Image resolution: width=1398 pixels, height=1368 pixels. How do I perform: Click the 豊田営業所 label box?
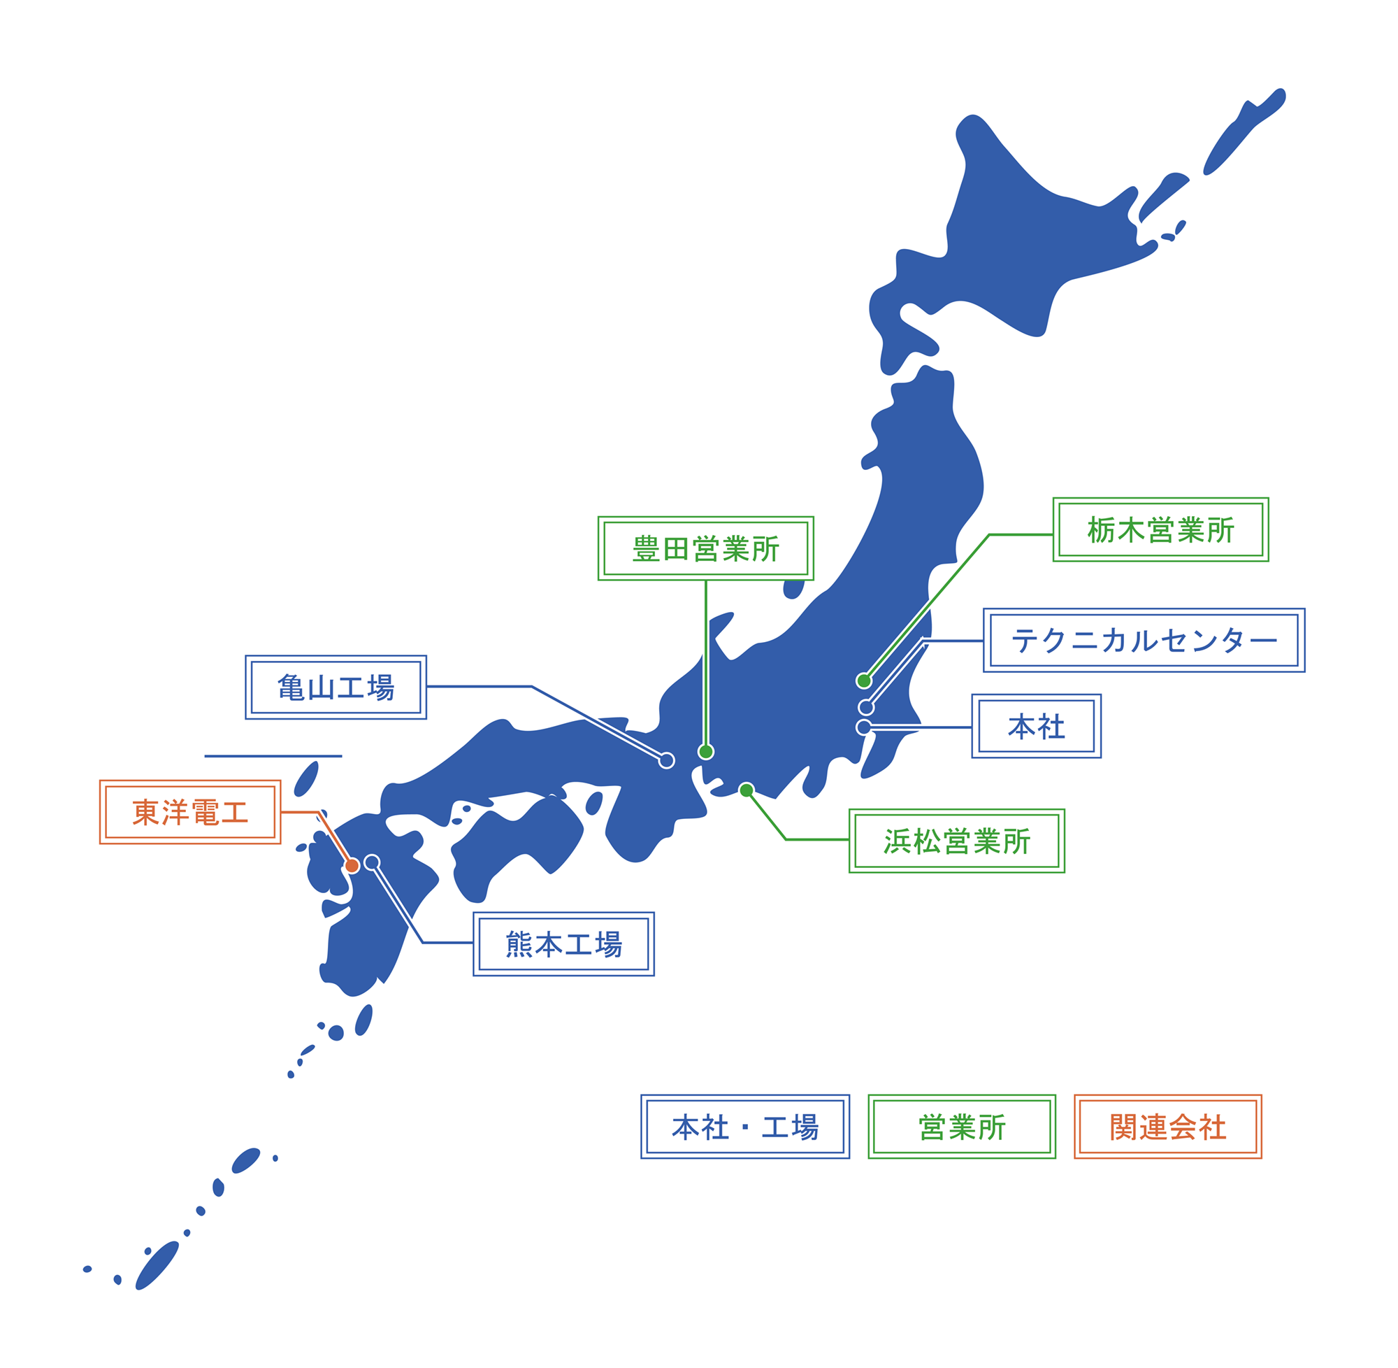click(705, 549)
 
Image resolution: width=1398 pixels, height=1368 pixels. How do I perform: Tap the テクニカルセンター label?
click(1143, 640)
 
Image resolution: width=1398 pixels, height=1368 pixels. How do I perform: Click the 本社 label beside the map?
click(1035, 727)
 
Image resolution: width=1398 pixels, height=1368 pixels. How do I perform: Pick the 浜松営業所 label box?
click(956, 841)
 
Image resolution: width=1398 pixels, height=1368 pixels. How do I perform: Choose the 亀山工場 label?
click(336, 687)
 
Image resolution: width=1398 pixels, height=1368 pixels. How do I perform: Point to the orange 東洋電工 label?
click(189, 813)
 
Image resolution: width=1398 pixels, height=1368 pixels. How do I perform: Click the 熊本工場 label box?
click(563, 944)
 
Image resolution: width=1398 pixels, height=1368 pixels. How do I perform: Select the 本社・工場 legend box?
click(744, 1127)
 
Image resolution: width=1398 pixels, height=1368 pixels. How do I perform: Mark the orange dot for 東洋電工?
click(352, 866)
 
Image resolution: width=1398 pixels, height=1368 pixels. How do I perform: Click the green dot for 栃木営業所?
click(864, 681)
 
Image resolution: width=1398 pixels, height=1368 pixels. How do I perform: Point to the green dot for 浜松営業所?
click(746, 790)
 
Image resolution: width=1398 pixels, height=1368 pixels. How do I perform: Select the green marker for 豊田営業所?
click(706, 752)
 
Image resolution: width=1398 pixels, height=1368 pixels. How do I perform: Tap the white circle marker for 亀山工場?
click(666, 760)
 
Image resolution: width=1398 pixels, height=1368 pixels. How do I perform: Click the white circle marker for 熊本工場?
click(372, 862)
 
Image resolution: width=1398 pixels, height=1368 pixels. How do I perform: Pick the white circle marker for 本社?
click(864, 727)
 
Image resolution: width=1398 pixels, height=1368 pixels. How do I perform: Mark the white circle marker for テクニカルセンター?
click(866, 708)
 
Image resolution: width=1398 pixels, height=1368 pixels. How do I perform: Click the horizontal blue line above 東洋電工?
click(273, 756)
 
